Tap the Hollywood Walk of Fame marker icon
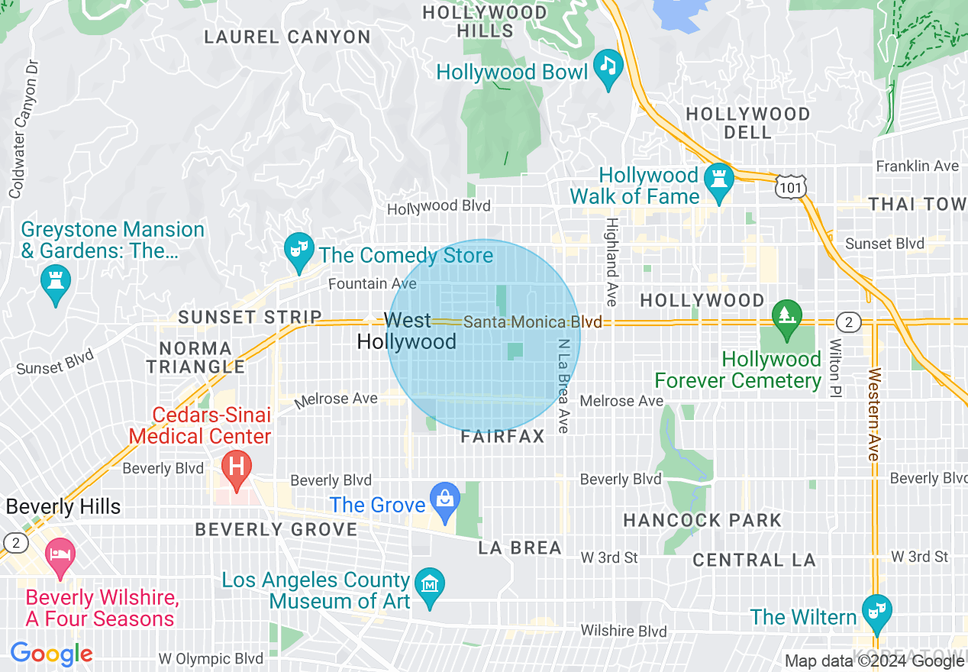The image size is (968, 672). tap(718, 180)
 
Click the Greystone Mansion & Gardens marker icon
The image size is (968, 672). tap(56, 280)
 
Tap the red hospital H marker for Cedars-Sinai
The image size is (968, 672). tap(236, 467)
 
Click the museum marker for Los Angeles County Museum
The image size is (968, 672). tap(430, 585)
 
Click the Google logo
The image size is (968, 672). tap(51, 654)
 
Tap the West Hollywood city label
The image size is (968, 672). tap(407, 331)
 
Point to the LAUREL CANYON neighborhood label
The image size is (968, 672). tap(287, 37)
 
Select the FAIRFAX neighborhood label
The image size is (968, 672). tap(503, 437)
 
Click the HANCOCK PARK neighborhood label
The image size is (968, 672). tap(702, 521)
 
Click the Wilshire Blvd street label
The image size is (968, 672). tap(624, 631)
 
